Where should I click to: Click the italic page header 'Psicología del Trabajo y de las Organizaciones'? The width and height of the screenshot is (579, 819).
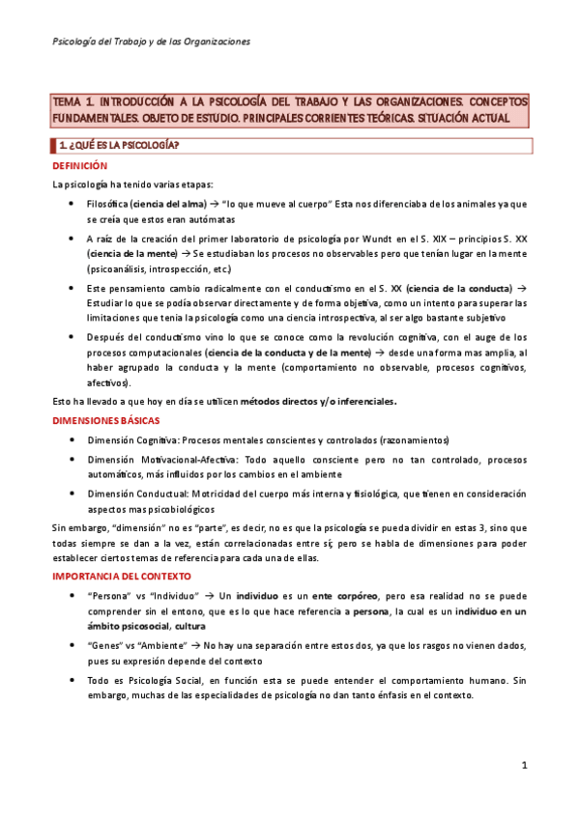[x=151, y=42]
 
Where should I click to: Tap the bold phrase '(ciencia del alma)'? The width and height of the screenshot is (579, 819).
[x=169, y=204]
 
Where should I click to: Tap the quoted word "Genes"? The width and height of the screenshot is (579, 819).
[x=103, y=645]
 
